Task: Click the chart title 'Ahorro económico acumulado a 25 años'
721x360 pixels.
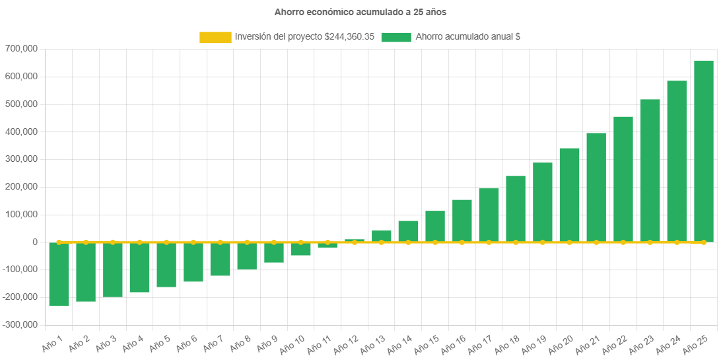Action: point(360,12)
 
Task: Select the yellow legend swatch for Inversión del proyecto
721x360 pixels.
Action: point(215,38)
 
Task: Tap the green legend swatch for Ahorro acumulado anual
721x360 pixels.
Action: point(396,38)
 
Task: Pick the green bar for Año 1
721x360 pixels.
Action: point(59,274)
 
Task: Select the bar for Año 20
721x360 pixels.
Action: point(569,195)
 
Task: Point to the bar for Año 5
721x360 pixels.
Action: point(166,265)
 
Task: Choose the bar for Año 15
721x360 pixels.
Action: point(435,227)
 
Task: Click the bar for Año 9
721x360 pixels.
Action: point(274,253)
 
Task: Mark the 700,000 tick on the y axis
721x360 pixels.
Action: point(21,49)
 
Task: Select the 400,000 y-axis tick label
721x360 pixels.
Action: point(21,132)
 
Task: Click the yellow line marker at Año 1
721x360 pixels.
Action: point(59,242)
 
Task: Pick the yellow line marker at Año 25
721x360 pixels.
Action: point(703,242)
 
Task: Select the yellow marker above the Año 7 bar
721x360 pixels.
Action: point(220,242)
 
